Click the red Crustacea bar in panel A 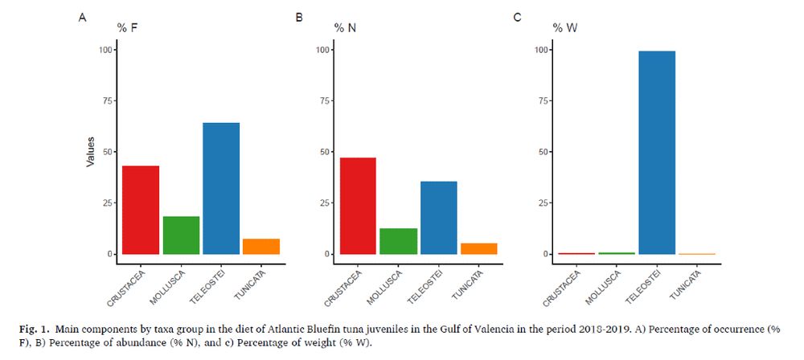point(141,210)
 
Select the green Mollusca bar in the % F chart point(181,235)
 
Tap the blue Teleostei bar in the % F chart point(221,188)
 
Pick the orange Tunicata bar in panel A point(261,246)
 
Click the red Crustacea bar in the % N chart point(358,206)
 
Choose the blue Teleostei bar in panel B point(438,218)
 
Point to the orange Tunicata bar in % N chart point(478,248)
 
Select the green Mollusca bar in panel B point(398,241)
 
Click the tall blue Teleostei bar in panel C point(657,152)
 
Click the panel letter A point(82,16)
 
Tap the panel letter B point(299,16)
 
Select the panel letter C point(516,16)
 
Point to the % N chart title point(346,28)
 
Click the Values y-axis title point(92,151)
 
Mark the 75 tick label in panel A point(104,100)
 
